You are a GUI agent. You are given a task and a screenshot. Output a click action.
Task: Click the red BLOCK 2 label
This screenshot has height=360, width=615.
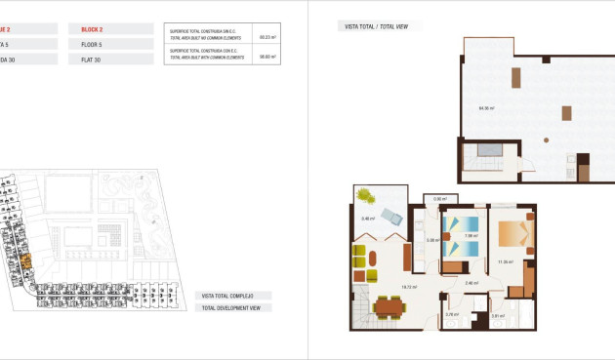coord(94,29)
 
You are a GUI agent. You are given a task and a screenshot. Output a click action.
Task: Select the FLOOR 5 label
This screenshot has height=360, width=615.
coord(95,45)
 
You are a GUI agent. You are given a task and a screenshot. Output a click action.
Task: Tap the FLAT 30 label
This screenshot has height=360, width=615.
coord(93,60)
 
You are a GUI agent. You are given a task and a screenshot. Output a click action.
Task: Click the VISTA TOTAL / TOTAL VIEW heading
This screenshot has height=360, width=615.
coord(372,25)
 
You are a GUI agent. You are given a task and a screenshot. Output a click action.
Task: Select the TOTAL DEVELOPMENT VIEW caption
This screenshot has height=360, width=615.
coord(230,307)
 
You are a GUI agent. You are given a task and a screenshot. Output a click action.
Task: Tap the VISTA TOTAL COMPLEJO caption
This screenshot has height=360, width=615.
coord(227,296)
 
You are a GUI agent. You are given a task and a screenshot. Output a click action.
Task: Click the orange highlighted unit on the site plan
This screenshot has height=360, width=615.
coord(26,261)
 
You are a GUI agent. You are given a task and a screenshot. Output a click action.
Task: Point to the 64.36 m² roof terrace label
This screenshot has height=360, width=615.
coord(484,107)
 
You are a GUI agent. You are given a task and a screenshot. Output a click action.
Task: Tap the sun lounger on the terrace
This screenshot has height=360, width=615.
coord(391,217)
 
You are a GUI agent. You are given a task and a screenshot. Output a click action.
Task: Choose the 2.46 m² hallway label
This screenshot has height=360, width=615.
coord(471,283)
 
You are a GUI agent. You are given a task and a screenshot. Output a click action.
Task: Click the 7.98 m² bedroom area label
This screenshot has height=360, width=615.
coord(470,235)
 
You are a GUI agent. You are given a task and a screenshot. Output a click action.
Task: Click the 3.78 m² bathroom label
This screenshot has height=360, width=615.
coord(452,314)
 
